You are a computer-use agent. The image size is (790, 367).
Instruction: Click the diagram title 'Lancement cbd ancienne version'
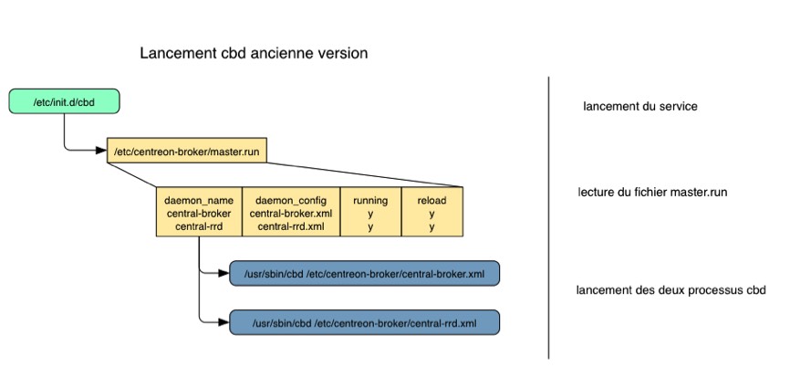point(254,54)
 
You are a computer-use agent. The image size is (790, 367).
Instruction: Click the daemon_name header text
point(199,200)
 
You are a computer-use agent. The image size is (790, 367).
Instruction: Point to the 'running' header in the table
point(369,200)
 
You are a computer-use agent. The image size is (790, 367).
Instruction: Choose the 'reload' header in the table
point(431,200)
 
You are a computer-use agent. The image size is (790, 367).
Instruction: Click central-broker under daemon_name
point(199,213)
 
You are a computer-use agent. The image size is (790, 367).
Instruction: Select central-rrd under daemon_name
point(199,225)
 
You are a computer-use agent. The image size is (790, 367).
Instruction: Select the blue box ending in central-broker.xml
point(364,273)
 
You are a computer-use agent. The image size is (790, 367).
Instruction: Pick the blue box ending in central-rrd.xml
point(364,322)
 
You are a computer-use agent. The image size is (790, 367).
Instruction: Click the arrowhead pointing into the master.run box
point(101,151)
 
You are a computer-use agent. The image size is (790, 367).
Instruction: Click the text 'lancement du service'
point(639,107)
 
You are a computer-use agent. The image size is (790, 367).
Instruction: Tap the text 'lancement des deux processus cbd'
point(670,291)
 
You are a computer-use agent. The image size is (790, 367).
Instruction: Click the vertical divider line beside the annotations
point(549,219)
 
